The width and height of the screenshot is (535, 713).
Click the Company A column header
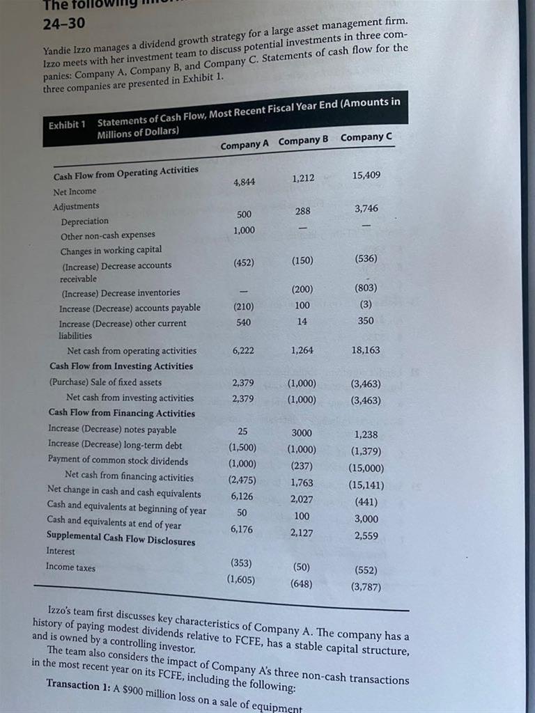click(245, 145)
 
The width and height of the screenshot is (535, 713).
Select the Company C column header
click(366, 136)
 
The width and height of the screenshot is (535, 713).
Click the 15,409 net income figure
click(367, 175)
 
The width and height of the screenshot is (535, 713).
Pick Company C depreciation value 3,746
click(366, 208)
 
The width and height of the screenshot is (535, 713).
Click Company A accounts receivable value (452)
click(243, 263)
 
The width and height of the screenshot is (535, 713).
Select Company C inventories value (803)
click(366, 288)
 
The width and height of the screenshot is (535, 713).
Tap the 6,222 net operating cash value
click(242, 350)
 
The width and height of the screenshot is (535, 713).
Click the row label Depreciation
click(84, 221)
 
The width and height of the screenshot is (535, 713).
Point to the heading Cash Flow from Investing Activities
click(121, 366)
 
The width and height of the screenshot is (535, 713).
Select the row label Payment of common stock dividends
click(118, 461)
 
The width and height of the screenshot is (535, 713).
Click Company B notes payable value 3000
click(302, 432)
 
